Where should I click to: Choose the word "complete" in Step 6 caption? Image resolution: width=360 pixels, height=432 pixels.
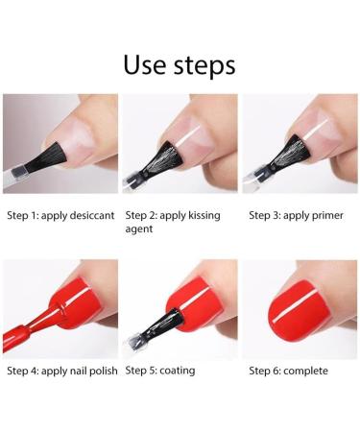coord(306,371)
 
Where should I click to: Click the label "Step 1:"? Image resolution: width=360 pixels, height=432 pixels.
coord(24,215)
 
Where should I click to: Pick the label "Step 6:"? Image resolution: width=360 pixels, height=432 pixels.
coord(266,371)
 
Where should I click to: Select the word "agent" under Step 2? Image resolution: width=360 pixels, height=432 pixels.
coord(140,229)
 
